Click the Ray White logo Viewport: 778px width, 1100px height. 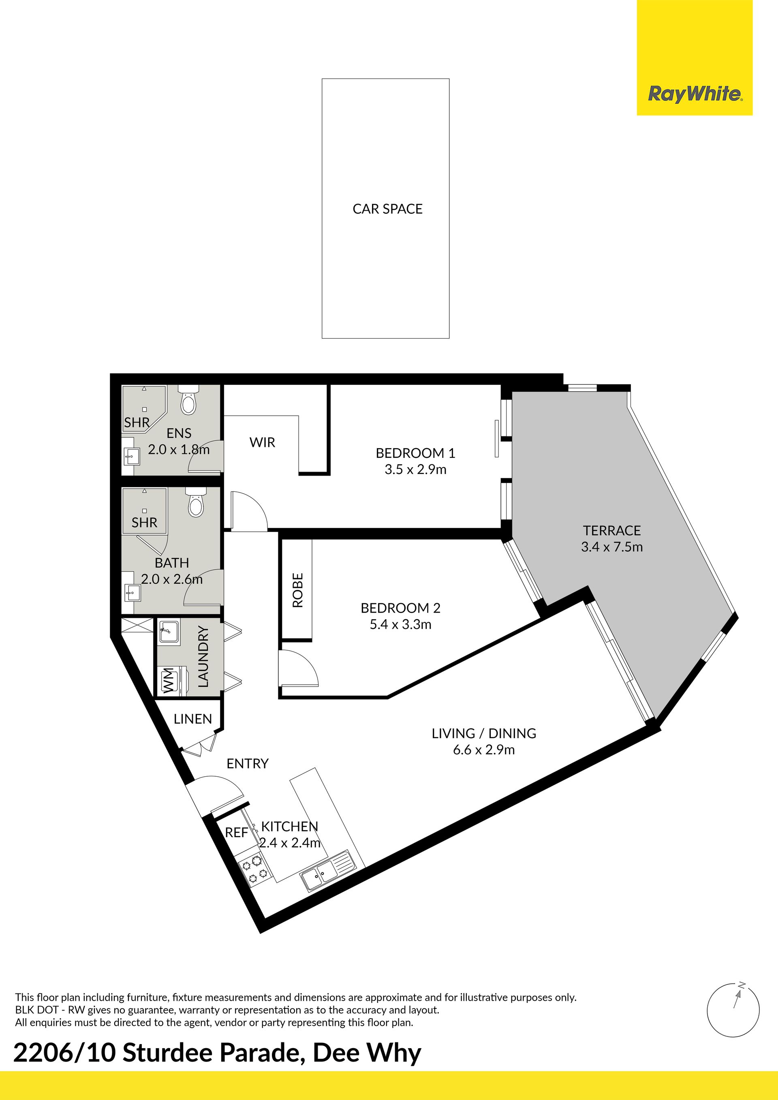[x=695, y=94]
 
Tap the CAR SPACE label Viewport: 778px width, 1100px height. [x=387, y=209]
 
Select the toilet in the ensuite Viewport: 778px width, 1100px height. [x=188, y=401]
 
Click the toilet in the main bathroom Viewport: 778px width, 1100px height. [x=195, y=502]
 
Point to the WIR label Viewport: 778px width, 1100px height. [x=262, y=442]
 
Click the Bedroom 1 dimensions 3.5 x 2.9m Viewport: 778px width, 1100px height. [x=415, y=470]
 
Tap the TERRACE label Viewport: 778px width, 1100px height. [x=612, y=530]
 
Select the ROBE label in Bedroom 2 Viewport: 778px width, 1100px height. [x=297, y=590]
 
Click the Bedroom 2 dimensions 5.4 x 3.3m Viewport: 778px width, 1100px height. [x=400, y=624]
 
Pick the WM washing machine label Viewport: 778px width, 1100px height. [x=168, y=680]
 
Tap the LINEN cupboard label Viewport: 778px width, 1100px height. [x=192, y=719]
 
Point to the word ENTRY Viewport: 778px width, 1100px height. [x=247, y=763]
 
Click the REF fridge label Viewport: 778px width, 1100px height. [x=236, y=833]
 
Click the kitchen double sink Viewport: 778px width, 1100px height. [x=326, y=871]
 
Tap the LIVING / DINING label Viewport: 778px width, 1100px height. [x=484, y=733]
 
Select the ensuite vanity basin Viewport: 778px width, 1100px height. [x=131, y=456]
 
